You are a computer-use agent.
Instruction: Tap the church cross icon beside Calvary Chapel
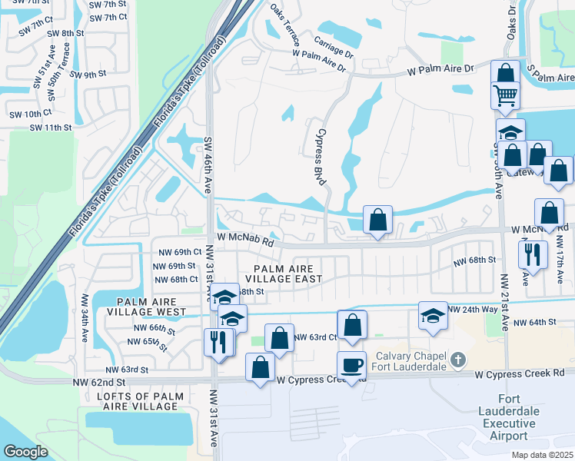[457, 360]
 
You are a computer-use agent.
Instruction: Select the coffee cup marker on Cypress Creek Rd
[353, 365]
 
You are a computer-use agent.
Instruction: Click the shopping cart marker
[506, 95]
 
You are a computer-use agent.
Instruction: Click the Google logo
[25, 451]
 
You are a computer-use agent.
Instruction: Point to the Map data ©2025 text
[542, 455]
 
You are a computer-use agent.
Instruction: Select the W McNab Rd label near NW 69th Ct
[245, 242]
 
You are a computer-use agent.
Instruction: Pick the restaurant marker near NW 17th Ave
[533, 254]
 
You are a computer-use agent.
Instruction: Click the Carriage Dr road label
[333, 49]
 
